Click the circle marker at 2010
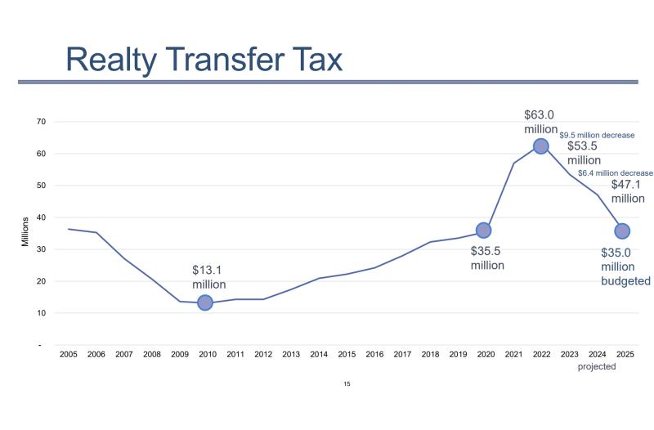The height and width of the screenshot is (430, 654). (x=205, y=302)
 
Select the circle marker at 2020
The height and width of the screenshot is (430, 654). (x=483, y=231)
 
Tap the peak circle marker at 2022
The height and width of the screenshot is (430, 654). (x=540, y=146)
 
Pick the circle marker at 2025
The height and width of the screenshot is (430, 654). (x=622, y=231)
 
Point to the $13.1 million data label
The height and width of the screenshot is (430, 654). (x=208, y=276)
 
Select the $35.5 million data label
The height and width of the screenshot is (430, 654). (x=487, y=258)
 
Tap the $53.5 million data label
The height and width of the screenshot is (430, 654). (x=584, y=153)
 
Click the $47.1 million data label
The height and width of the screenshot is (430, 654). (x=628, y=190)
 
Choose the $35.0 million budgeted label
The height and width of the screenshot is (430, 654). (x=625, y=267)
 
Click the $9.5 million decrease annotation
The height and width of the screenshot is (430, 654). (x=597, y=135)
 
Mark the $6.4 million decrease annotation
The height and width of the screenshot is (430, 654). (x=616, y=172)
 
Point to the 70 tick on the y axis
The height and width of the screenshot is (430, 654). (x=40, y=122)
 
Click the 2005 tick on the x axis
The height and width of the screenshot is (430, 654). (x=68, y=354)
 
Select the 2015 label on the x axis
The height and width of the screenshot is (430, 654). (x=347, y=354)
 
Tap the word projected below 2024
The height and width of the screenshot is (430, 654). (x=597, y=367)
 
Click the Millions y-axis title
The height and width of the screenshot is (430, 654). (x=25, y=231)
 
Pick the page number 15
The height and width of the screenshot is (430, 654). (x=347, y=383)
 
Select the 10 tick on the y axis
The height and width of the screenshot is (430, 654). (x=40, y=313)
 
